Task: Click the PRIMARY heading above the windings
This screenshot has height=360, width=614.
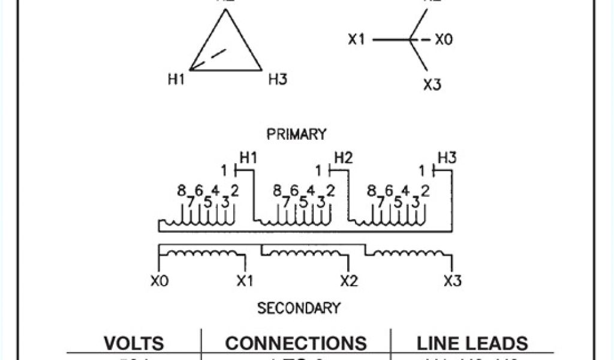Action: (x=296, y=134)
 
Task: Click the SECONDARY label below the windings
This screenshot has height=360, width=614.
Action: (x=299, y=308)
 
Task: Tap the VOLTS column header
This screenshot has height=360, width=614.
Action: (x=134, y=343)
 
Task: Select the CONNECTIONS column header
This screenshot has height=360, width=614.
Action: (x=296, y=343)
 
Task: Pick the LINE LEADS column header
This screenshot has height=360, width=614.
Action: (x=472, y=343)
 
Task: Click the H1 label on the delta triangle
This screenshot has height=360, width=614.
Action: (x=176, y=79)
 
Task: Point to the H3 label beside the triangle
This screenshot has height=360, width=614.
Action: (x=278, y=79)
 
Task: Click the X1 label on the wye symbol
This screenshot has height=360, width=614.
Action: (x=357, y=40)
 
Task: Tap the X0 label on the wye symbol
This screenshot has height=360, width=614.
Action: (x=444, y=40)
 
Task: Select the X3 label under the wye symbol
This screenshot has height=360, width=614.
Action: (x=432, y=85)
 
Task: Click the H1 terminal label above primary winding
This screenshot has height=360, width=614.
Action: (x=248, y=158)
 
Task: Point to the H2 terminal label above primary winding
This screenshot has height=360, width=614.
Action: (x=343, y=158)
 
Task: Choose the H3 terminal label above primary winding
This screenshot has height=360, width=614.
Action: (x=447, y=158)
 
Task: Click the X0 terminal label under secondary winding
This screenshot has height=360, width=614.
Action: (x=159, y=280)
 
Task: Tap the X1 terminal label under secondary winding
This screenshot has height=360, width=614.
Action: (x=245, y=280)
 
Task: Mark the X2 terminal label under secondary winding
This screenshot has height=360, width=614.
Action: (x=349, y=280)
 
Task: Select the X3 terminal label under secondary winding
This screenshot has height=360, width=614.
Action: (x=452, y=280)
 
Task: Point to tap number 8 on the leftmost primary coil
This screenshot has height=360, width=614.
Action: (x=181, y=191)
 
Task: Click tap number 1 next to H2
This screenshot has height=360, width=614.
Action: (x=319, y=171)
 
